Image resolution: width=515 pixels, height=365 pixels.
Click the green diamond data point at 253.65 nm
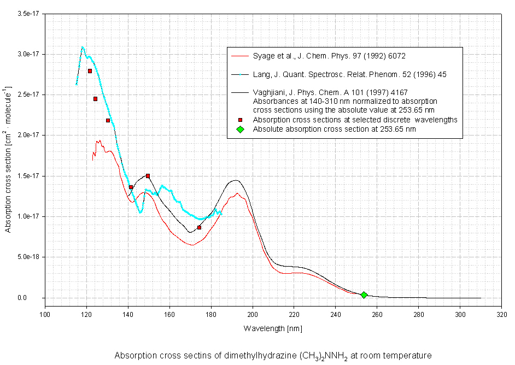click(364, 295)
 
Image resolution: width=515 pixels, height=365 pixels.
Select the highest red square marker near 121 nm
click(90, 71)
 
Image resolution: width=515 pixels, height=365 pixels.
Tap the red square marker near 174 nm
click(199, 227)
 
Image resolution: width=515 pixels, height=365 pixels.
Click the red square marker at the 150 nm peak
click(148, 176)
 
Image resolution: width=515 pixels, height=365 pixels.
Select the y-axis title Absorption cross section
click(9, 174)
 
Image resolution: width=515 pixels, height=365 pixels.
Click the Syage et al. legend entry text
click(329, 56)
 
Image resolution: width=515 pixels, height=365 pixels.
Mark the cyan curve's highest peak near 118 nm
click(83, 47)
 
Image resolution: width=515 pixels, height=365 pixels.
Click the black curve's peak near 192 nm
click(236, 180)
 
